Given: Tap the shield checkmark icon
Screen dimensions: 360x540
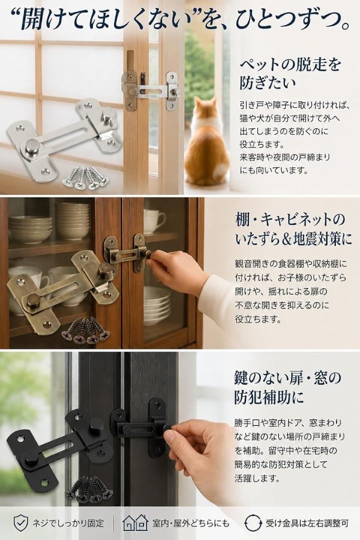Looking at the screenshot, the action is (x=20, y=523).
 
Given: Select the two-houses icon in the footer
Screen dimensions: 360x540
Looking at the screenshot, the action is (x=136, y=523).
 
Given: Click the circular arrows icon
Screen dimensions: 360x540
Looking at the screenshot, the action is (x=252, y=523).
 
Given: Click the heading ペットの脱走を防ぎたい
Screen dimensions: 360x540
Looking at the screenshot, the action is (x=290, y=74).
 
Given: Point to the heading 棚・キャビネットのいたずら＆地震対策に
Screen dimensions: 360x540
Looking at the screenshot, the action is (x=293, y=229).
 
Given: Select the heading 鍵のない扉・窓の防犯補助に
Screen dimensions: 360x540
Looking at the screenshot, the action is (x=287, y=387).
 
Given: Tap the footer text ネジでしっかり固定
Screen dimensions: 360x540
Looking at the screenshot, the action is (x=68, y=523).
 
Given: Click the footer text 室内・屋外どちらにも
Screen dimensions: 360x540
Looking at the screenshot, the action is (x=191, y=523).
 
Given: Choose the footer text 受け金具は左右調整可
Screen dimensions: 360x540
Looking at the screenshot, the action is (x=307, y=523).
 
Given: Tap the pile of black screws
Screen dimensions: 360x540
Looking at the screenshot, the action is (x=89, y=489).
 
